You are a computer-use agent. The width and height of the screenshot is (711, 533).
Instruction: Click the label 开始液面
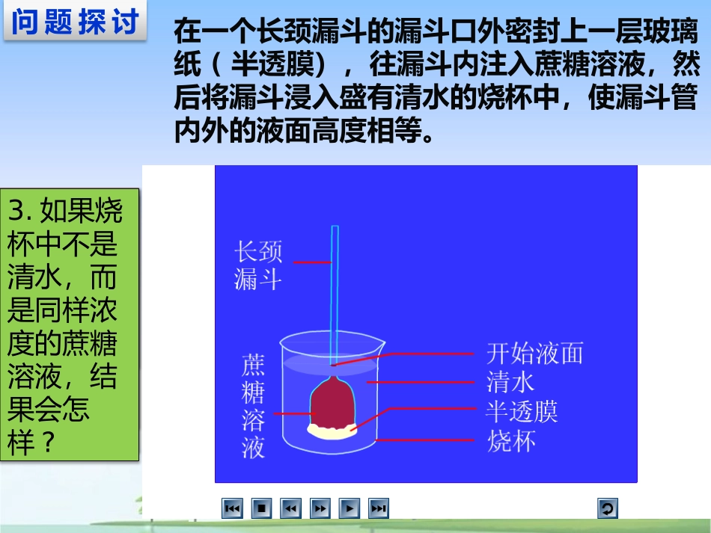pos(534,352)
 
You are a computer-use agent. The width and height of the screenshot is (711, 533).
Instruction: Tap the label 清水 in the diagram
pos(510,382)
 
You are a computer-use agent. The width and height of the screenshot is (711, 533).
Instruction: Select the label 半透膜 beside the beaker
pos(522,411)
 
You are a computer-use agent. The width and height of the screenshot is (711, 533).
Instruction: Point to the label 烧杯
pos(510,440)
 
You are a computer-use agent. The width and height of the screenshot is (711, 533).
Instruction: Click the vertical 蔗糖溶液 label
pos(253,407)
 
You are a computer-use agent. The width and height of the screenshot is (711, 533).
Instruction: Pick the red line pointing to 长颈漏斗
pos(312,262)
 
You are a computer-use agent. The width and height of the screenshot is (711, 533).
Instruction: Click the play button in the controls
pos(349,509)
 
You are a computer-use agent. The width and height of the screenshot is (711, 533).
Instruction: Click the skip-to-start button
pos(232,509)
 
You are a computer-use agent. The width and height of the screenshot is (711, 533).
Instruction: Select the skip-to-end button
pos(379,509)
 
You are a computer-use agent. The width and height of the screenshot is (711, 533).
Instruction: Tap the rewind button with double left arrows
pos(290,509)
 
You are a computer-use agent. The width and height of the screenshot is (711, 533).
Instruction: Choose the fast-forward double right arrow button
pos(320,509)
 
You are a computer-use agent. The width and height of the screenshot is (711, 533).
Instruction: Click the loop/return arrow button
pos(607,509)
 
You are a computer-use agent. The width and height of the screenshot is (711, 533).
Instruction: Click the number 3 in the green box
pos(17,212)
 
